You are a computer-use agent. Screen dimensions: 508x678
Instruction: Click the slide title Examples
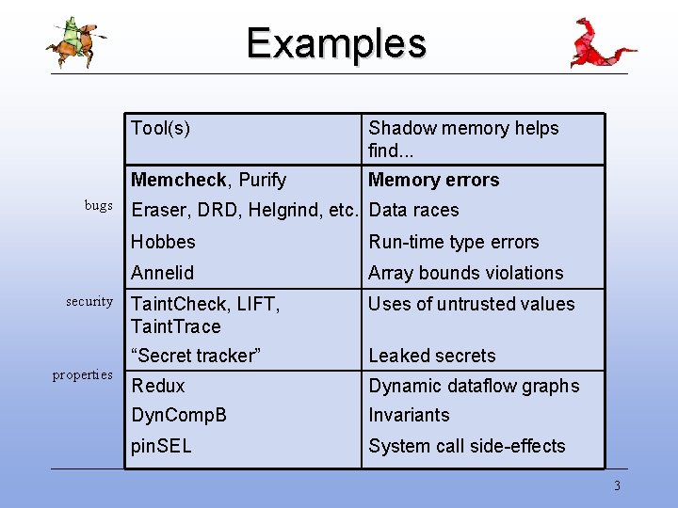336,43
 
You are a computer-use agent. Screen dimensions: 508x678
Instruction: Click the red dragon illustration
600,43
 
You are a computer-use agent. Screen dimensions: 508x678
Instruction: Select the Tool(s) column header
160,129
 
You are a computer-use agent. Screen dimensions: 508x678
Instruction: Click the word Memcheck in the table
179,180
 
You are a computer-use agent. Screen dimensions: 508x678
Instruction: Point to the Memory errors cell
433,180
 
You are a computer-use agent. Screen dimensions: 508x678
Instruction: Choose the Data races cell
413,210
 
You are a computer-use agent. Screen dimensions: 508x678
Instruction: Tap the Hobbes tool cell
163,242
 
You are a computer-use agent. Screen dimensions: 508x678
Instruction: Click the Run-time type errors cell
453,242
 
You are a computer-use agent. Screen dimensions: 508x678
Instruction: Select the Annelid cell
162,273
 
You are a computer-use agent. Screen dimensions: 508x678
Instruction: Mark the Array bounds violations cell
465,273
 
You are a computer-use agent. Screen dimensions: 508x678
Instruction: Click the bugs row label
98,205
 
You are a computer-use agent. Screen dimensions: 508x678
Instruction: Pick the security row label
89,301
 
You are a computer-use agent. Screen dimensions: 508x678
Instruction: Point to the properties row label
83,374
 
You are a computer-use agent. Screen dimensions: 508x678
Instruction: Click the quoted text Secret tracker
196,356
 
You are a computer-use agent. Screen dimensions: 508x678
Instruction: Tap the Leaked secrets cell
431,356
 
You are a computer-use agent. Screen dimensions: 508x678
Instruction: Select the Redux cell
158,386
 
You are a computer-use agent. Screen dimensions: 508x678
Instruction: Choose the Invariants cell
409,415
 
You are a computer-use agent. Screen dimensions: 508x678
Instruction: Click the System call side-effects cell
466,446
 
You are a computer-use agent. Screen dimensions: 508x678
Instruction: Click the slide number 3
617,486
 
